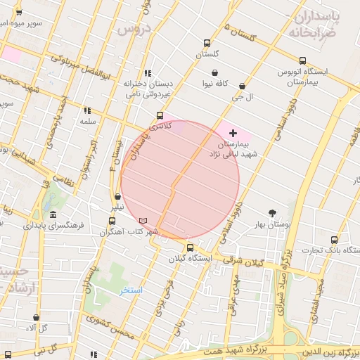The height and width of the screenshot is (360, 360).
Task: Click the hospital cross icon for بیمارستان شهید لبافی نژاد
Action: pyautogui.click(x=233, y=133)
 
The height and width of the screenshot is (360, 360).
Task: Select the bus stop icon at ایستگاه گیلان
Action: pyautogui.click(x=190, y=247)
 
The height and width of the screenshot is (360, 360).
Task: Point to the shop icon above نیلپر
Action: pyautogui.click(x=117, y=197)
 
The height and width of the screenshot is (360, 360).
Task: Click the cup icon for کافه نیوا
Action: pyautogui.click(x=214, y=72)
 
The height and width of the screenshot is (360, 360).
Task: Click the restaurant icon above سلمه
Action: pyautogui.click(x=87, y=110)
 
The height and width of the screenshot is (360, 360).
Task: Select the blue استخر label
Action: pyautogui.click(x=131, y=290)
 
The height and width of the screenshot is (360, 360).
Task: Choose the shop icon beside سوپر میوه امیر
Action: pyautogui.click(x=18, y=12)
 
